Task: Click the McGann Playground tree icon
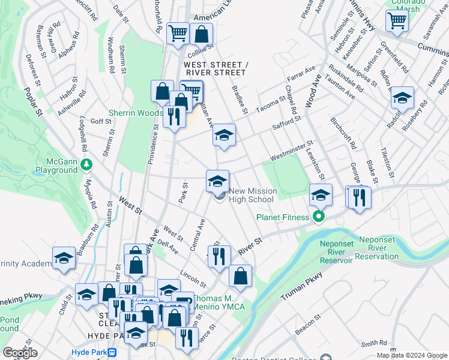point(87,163)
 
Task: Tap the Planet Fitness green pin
point(319,217)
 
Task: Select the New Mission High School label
point(253,195)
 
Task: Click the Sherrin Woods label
point(136,113)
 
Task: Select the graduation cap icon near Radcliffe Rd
point(402,98)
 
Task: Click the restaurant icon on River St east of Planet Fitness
point(360,197)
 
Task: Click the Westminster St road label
point(292,153)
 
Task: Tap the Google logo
point(20,353)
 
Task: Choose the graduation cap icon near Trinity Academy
point(64,258)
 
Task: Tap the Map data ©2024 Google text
point(411,355)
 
